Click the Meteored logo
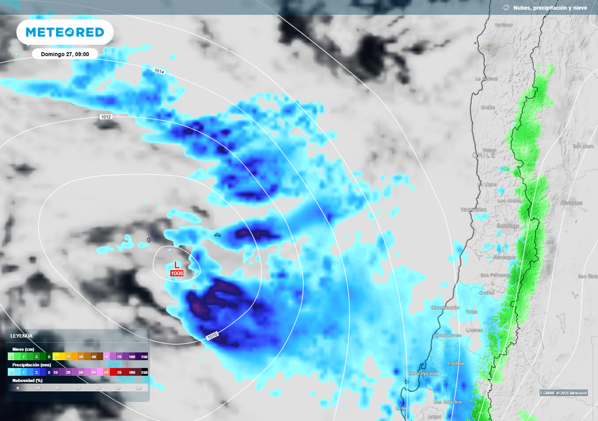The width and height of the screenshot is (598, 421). (x=65, y=33)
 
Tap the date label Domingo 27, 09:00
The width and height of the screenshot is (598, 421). (x=65, y=54)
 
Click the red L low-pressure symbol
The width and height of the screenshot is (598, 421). (x=177, y=264)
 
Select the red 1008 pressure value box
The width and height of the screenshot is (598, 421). (x=177, y=273)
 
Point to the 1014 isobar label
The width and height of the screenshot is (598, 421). (x=159, y=71)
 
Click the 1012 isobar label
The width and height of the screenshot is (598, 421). (x=106, y=117)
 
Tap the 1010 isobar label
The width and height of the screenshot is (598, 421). (x=213, y=336)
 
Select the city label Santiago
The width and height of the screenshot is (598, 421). (x=508, y=226)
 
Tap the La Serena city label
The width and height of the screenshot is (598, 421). (x=486, y=78)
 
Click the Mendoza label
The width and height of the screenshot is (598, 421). (x=572, y=203)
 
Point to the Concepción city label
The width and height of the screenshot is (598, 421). (x=422, y=373)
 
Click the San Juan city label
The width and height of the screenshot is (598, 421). (x=583, y=146)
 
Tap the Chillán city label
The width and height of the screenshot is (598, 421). (x=456, y=363)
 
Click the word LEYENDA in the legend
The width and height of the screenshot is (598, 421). (x=22, y=336)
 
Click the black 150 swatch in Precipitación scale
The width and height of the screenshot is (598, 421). (x=144, y=372)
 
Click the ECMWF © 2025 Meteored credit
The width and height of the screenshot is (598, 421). (x=564, y=393)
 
